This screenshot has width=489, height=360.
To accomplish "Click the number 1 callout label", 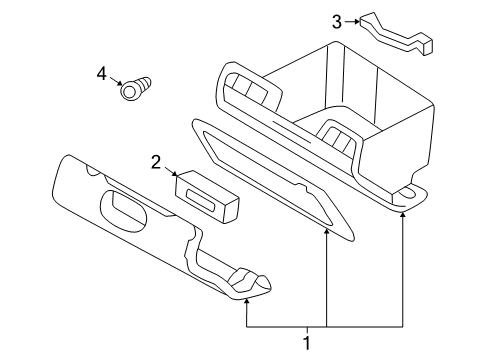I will [307, 342].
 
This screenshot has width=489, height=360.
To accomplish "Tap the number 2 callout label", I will [156, 162].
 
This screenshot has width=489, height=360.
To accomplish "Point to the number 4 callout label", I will [101, 73].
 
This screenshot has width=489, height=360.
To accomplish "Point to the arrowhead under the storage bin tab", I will [403, 214].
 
